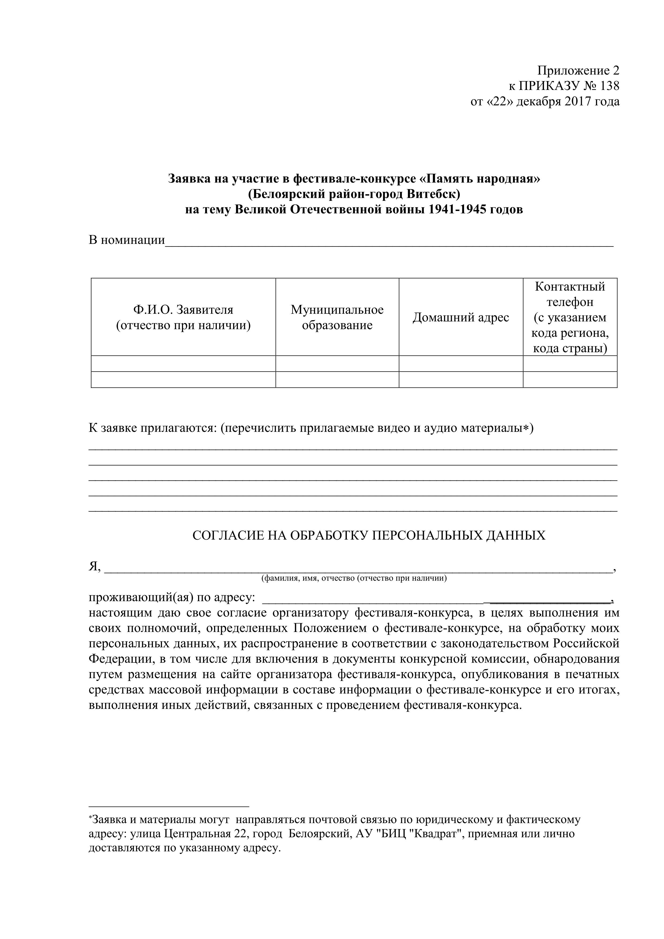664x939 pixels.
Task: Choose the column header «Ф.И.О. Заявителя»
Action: click(x=183, y=310)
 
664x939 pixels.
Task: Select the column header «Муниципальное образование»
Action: click(x=337, y=317)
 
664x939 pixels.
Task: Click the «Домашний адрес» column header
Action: click(x=461, y=317)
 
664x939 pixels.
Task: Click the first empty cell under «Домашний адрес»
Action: click(x=461, y=364)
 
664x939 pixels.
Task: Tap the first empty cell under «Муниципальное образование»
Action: click(x=337, y=364)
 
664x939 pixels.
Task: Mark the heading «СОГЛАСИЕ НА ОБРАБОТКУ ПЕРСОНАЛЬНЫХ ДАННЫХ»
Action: click(x=369, y=536)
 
